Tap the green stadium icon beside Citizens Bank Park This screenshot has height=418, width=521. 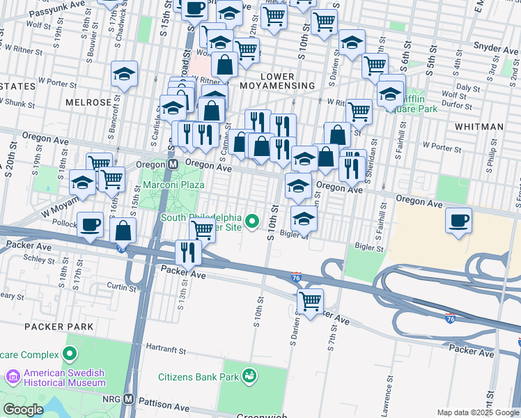point(249,378)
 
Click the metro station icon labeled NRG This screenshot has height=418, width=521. point(129,399)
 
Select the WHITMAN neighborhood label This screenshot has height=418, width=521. point(479,127)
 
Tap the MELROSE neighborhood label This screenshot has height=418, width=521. point(88,102)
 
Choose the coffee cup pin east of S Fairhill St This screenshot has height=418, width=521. point(458,221)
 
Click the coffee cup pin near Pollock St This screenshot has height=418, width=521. point(90,225)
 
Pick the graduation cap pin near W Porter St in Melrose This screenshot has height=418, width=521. point(124,74)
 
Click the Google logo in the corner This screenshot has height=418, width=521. point(23,410)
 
